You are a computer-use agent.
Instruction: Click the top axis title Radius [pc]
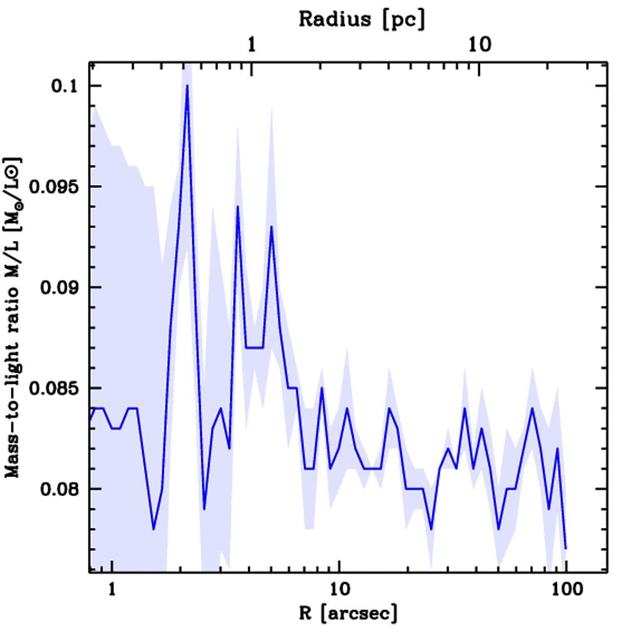[361, 19]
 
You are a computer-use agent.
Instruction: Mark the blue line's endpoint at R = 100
[565, 549]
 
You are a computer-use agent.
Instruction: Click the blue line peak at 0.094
[238, 207]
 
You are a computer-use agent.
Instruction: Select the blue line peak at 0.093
[272, 227]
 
